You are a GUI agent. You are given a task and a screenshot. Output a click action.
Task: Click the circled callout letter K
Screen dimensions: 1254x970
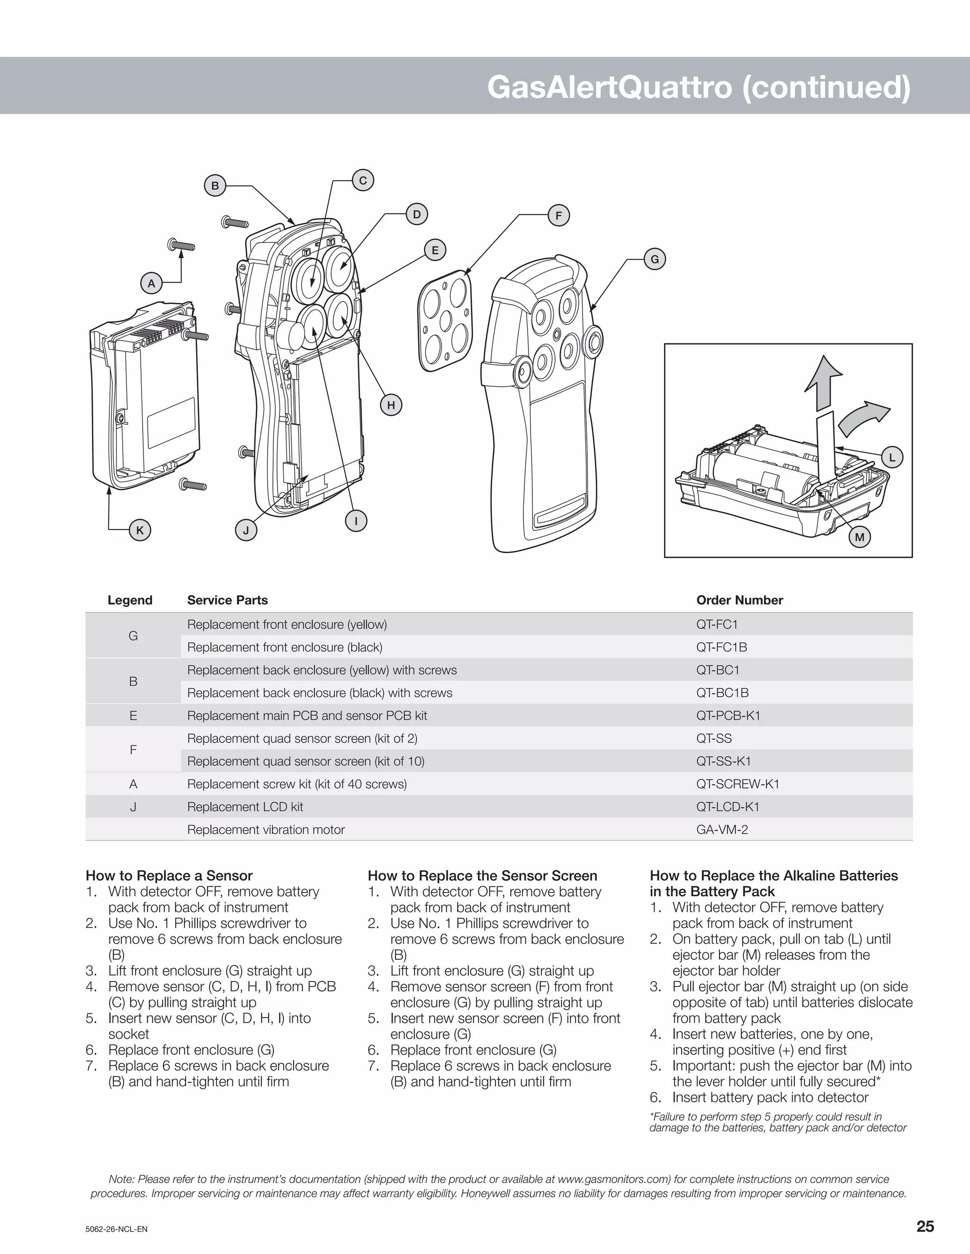140,530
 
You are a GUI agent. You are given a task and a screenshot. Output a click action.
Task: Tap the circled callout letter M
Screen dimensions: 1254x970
860,538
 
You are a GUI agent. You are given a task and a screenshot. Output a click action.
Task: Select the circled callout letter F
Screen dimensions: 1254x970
558,216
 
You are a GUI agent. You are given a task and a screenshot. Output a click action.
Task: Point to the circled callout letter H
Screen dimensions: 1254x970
391,405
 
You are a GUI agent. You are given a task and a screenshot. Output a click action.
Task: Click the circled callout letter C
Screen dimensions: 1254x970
363,180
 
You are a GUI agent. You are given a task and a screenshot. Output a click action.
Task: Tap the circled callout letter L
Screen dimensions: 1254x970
892,458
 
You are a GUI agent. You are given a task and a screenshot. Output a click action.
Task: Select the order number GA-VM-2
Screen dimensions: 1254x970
722,829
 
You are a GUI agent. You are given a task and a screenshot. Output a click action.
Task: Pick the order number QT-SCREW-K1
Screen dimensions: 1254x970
738,784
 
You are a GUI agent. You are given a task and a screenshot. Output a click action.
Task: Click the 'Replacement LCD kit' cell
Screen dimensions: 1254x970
245,807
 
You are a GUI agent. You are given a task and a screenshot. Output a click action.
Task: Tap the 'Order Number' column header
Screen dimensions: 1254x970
739,600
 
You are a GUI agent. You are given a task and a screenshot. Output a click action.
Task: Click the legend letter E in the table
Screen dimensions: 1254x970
133,715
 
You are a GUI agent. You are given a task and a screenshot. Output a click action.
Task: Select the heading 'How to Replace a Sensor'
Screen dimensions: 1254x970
169,875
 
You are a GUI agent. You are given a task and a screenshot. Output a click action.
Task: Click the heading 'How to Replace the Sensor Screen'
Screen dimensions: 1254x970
482,875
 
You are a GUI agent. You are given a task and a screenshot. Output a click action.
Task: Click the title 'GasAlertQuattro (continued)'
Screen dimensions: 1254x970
699,87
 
